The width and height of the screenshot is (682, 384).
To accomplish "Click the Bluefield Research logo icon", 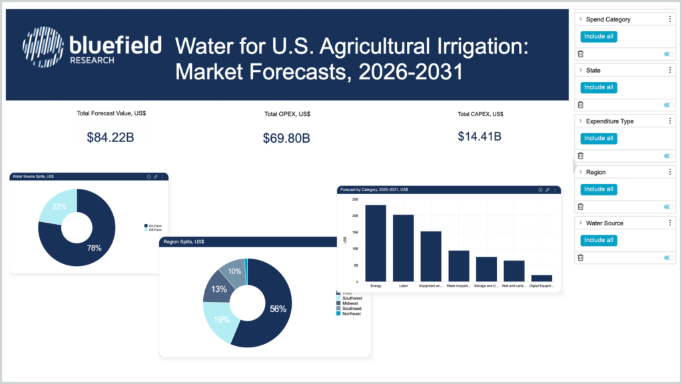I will pos(44,47).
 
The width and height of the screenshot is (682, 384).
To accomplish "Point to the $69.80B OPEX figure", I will pos(286,138).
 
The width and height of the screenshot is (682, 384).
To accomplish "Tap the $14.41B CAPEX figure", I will pos(480,137).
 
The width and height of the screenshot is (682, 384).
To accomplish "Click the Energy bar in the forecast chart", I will pos(376,243).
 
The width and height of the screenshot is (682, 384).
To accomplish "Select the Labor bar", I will pos(403,247).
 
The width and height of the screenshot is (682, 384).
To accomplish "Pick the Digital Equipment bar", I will pos(541,277).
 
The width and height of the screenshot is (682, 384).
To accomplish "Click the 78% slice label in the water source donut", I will pos(94,248).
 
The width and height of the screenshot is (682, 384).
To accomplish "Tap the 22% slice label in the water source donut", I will pos(59,207).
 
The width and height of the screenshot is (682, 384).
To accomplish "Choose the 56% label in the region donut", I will pos(278,309).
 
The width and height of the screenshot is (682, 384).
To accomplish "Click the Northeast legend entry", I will pos(348,313).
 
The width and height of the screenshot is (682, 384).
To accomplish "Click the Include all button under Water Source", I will pos(598,240).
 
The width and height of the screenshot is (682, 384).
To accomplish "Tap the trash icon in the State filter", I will pos(580,105).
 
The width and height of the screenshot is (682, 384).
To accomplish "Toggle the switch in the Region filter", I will pos(669,207).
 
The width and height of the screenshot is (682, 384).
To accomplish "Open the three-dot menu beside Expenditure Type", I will pos(669,121).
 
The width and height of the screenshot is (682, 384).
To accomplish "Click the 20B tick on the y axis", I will pos(355,216).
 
